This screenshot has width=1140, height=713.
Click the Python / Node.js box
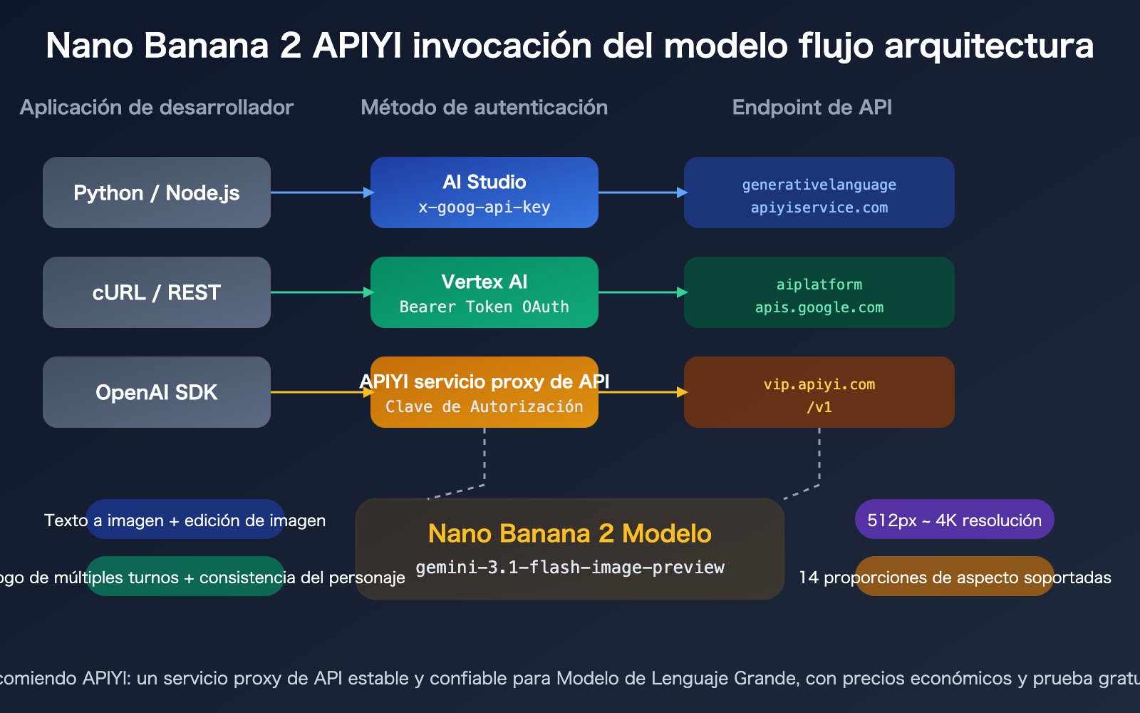[157, 193]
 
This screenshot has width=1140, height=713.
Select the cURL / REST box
[157, 292]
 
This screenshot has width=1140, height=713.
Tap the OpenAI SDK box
[157, 392]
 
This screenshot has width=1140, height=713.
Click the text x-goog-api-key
[484, 207]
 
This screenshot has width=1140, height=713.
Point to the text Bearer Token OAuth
[484, 307]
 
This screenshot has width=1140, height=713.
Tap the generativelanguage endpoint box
[819, 193]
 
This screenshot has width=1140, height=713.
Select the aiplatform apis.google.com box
[819, 292]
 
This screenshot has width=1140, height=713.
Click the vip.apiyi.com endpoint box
[819, 392]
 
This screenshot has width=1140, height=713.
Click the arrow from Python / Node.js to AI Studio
[321, 193]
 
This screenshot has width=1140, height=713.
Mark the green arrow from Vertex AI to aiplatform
[641, 292]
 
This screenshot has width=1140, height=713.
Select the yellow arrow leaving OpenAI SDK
[321, 392]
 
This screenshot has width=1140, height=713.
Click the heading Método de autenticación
[484, 108]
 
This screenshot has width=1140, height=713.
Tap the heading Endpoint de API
[812, 108]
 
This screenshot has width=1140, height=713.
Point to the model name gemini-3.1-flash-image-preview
[570, 568]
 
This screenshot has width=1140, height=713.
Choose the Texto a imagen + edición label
[185, 520]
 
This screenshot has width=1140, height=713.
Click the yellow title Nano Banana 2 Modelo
[570, 533]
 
